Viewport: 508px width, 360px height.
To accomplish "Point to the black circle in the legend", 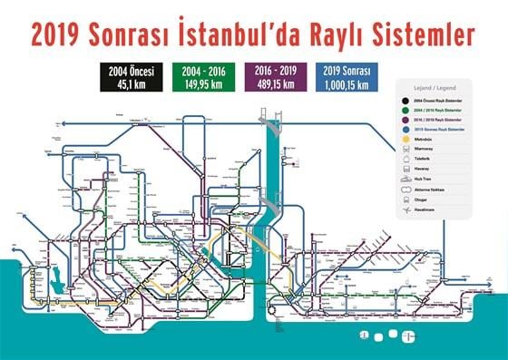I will coord(405,101).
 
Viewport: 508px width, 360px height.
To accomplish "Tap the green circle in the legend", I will coord(405,111).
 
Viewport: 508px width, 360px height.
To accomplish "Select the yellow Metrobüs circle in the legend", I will coord(405,139).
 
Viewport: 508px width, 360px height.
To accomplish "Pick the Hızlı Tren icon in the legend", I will coord(405,179).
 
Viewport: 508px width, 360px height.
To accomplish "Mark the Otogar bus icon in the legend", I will coord(405,199).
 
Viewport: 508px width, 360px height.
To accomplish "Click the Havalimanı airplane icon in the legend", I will coord(405,209).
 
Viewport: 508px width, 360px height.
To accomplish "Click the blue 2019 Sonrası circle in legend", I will coord(405,130).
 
